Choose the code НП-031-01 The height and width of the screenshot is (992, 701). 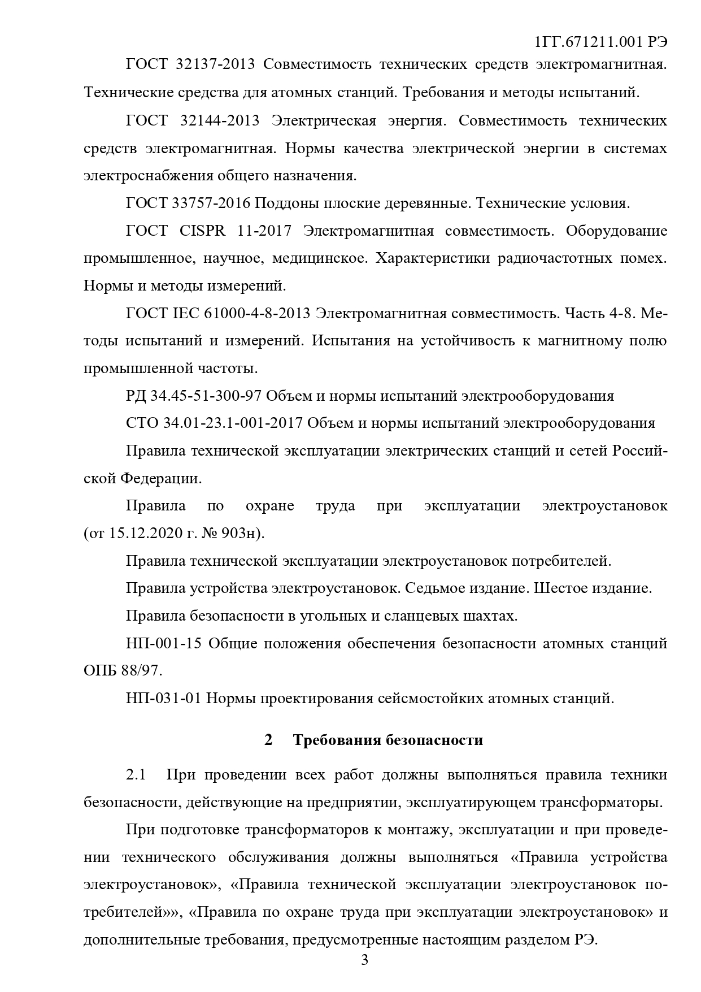pos(164,699)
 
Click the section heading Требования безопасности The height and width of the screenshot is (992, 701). pos(388,740)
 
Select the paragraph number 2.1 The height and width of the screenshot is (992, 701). pos(136,775)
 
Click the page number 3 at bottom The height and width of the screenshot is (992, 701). pos(364,960)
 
